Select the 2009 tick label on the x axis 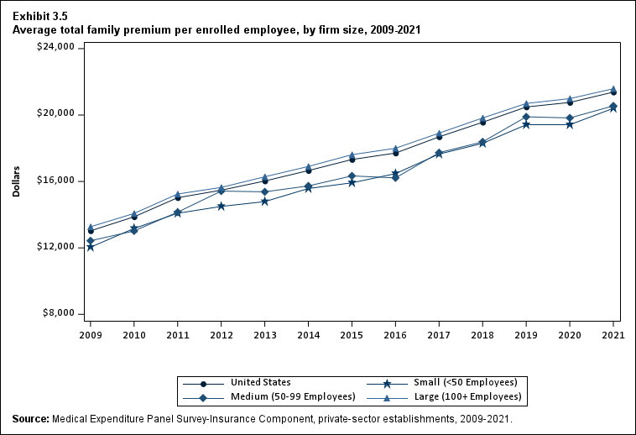(x=90, y=334)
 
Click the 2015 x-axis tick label (x=352, y=334)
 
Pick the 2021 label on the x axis (x=613, y=334)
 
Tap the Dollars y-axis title (x=17, y=181)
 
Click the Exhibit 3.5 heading (x=40, y=16)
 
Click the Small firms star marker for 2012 (x=221, y=206)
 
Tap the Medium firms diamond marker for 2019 (x=526, y=117)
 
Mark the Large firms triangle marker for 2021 (x=613, y=89)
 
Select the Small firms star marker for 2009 (x=90, y=247)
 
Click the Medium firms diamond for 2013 (x=264, y=191)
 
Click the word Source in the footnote (x=31, y=418)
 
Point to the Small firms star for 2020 (x=570, y=124)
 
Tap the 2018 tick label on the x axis (x=482, y=334)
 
